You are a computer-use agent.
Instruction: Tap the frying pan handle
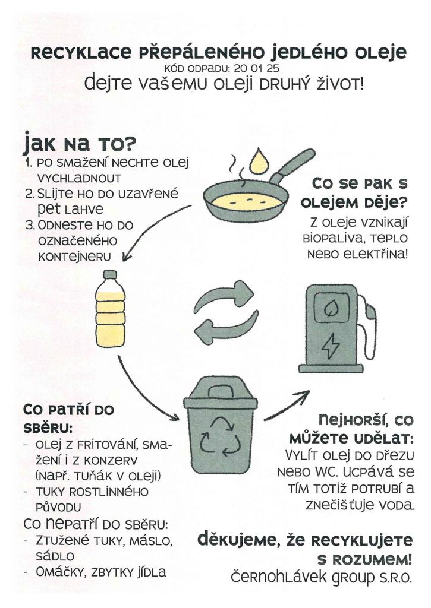point(292,166)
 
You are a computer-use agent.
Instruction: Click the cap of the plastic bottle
point(110,274)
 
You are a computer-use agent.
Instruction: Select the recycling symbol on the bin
point(220,436)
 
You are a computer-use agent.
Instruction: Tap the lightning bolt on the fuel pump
point(331,346)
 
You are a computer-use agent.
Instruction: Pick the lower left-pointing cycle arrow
point(226,328)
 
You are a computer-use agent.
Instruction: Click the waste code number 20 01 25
point(256,69)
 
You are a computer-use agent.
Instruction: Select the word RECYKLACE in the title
point(81,52)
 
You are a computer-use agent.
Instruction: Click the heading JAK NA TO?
point(80,142)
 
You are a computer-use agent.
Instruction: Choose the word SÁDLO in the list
point(55,556)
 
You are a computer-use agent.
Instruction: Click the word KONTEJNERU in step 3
point(74,256)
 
